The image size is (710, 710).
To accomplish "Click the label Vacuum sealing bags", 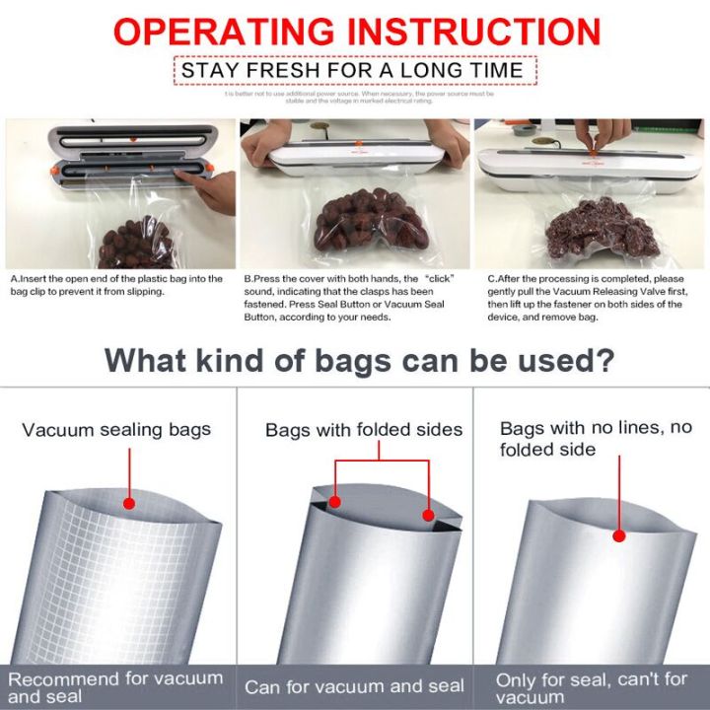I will click(116, 430).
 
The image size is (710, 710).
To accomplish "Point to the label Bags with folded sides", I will click(364, 430).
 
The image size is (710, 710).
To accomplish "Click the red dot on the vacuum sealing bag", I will click(128, 503).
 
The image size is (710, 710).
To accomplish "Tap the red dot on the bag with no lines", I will click(619, 536).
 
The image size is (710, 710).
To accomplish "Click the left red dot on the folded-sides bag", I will click(335, 502).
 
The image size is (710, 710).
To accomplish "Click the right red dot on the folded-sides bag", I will click(429, 515).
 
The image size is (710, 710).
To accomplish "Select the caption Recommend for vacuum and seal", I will click(116, 686).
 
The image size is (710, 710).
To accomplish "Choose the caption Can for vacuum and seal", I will click(354, 687).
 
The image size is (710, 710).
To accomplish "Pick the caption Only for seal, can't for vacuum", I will click(592, 686).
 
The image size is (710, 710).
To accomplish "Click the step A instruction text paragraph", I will click(116, 285).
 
